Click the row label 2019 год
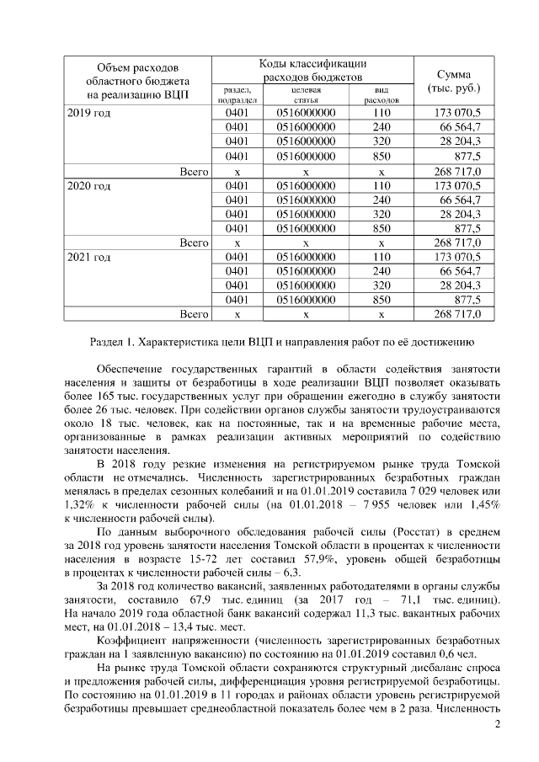(x=89, y=113)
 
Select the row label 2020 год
(x=89, y=185)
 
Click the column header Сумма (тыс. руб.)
(x=454, y=81)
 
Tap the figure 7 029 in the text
(x=419, y=491)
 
